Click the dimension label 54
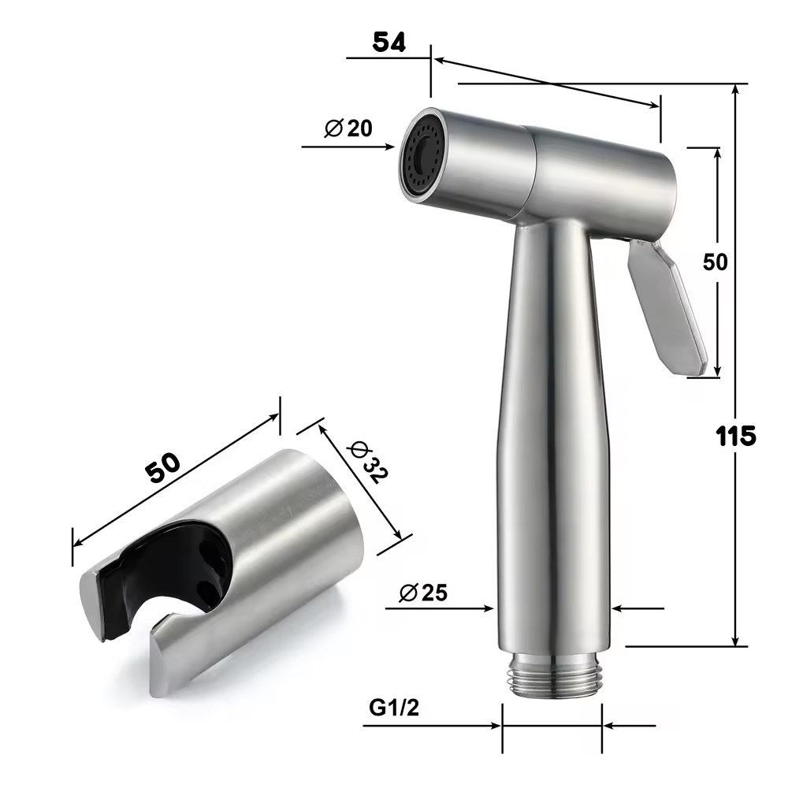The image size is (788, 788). point(388,43)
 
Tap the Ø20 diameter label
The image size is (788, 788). point(348,128)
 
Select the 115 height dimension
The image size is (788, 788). point(736,436)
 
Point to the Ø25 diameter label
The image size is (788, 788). point(422,593)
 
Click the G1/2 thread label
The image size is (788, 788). point(393,708)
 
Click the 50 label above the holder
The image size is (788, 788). point(162,468)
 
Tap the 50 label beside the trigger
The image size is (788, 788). point(715,262)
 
